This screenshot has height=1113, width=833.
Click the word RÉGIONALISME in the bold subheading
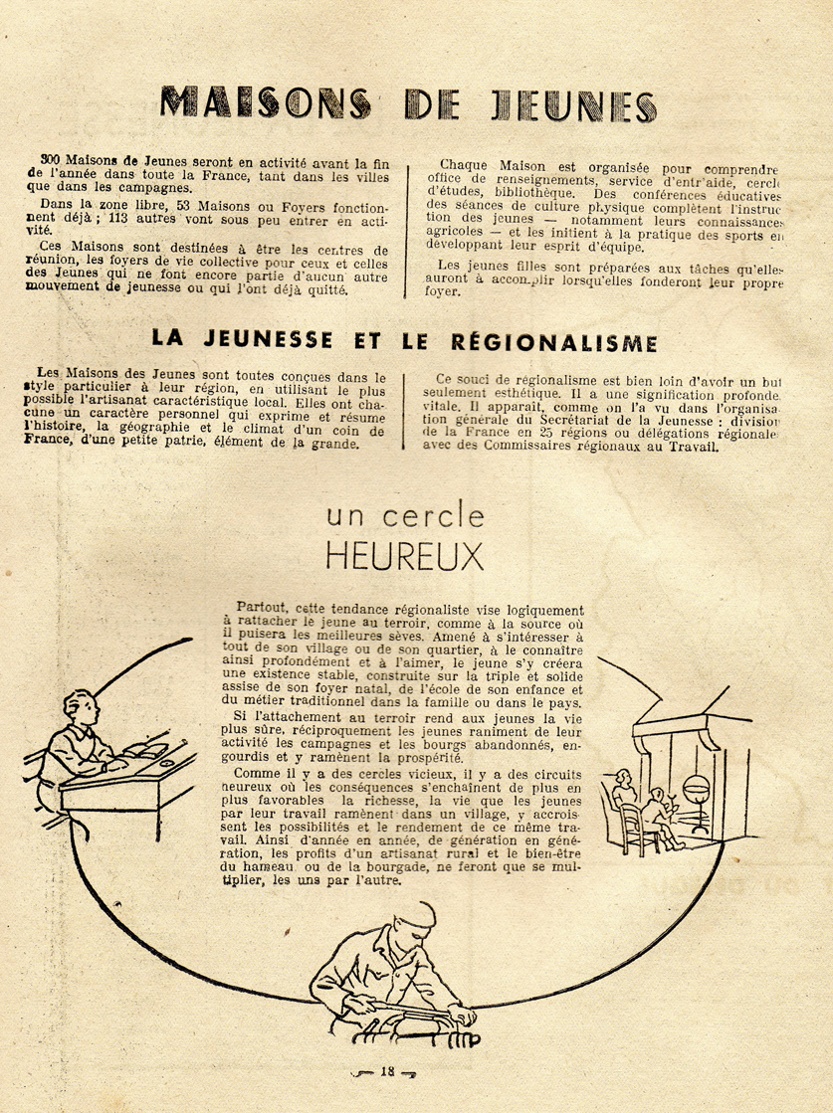click(x=563, y=342)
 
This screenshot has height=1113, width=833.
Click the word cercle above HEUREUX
click(x=437, y=516)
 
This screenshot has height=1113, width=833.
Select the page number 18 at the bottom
click(x=388, y=1071)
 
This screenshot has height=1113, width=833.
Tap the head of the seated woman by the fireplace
click(x=623, y=780)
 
